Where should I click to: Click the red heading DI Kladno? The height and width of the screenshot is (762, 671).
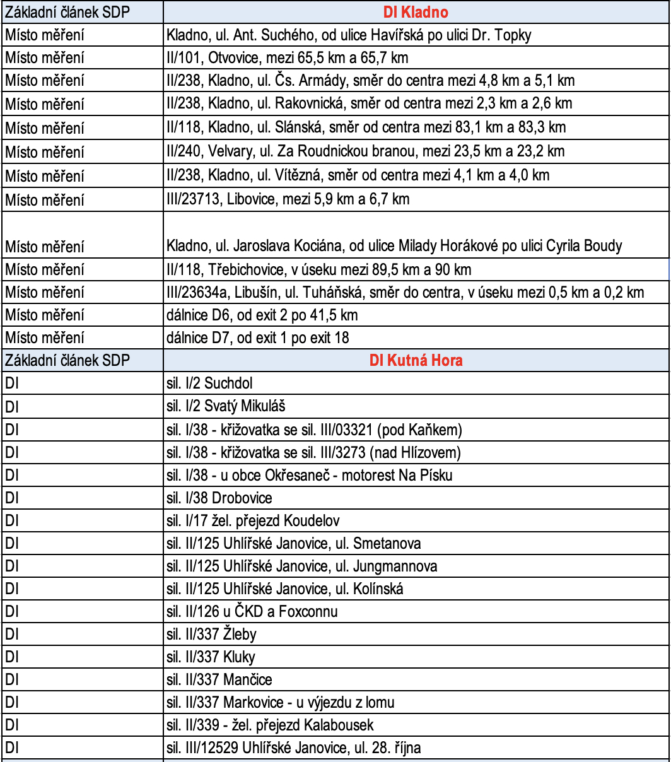click(x=416, y=12)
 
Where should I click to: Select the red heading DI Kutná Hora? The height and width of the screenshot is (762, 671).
click(x=416, y=360)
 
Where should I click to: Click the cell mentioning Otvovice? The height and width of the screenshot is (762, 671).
click(x=288, y=57)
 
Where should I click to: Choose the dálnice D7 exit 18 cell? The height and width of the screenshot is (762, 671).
click(x=258, y=337)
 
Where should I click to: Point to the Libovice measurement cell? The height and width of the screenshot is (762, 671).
click(x=288, y=199)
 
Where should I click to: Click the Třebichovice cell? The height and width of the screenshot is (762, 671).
click(x=319, y=270)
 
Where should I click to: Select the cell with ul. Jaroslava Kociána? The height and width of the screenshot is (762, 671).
click(x=394, y=245)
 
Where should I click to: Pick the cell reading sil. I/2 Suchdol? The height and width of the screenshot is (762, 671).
click(x=210, y=383)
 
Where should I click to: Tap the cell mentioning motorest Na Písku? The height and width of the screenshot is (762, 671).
click(x=309, y=475)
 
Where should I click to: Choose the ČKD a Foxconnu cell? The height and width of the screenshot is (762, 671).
click(x=252, y=611)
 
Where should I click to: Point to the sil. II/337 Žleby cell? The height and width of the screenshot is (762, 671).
click(x=212, y=633)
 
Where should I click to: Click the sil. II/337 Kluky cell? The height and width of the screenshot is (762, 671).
click(x=211, y=657)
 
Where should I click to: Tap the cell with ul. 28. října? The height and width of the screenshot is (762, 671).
click(x=294, y=748)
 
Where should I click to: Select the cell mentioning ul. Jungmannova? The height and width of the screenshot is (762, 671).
click(x=302, y=566)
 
